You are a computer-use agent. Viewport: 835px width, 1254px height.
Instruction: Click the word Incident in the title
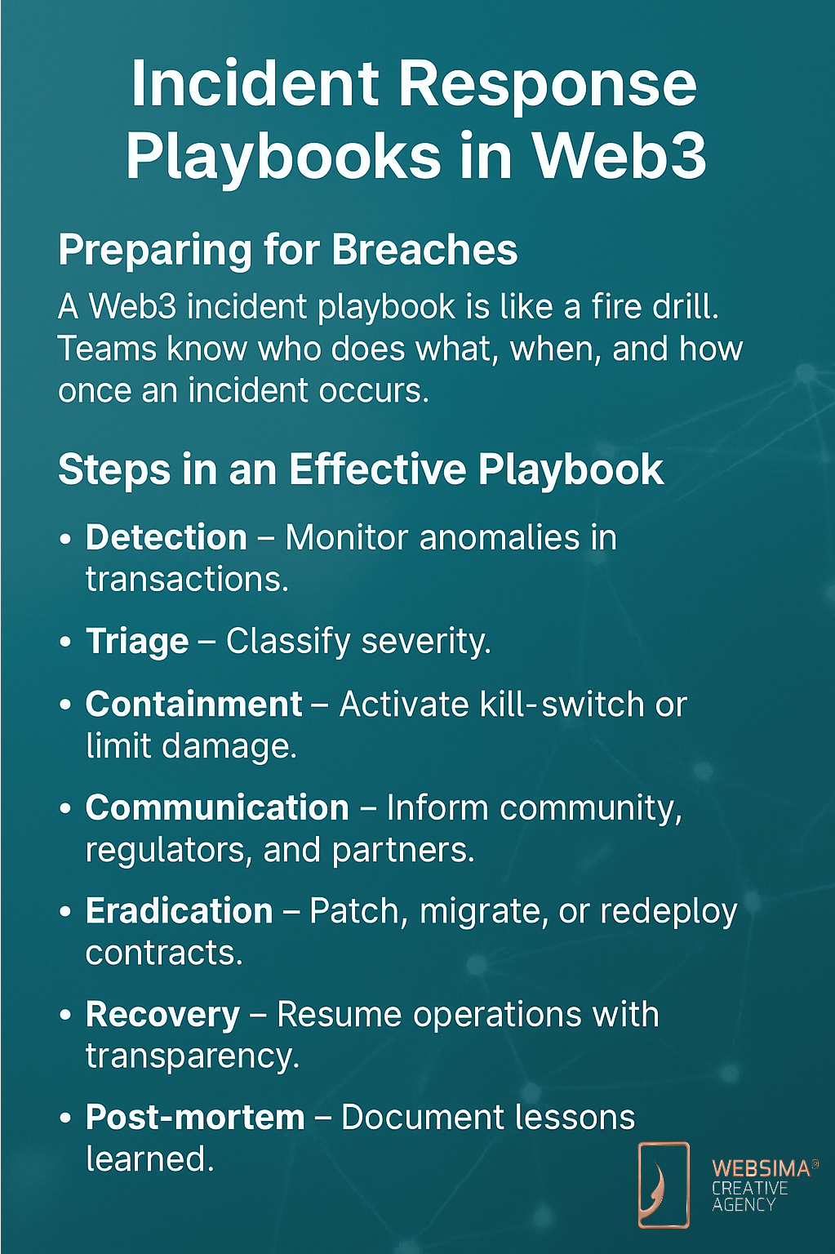[x=254, y=84]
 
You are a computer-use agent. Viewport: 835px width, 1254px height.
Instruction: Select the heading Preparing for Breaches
[x=287, y=250]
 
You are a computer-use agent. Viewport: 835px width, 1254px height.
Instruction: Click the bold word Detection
[x=167, y=537]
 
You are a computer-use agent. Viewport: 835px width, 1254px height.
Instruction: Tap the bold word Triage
[x=137, y=641]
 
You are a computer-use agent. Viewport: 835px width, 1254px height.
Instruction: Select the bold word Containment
[x=193, y=704]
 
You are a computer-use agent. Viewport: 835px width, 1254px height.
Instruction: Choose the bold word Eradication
[x=179, y=911]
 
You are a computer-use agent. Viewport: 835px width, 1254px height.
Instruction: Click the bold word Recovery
[x=163, y=1016]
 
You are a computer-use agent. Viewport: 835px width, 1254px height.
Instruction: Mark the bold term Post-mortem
[x=195, y=1118]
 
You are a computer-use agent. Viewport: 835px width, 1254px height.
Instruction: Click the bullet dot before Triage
[x=65, y=642]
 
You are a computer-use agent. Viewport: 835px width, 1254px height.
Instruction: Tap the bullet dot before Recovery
[x=65, y=1015]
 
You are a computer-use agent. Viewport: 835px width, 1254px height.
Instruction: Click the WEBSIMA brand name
[x=761, y=1168]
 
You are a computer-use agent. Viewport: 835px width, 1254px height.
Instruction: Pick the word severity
[x=426, y=642]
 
